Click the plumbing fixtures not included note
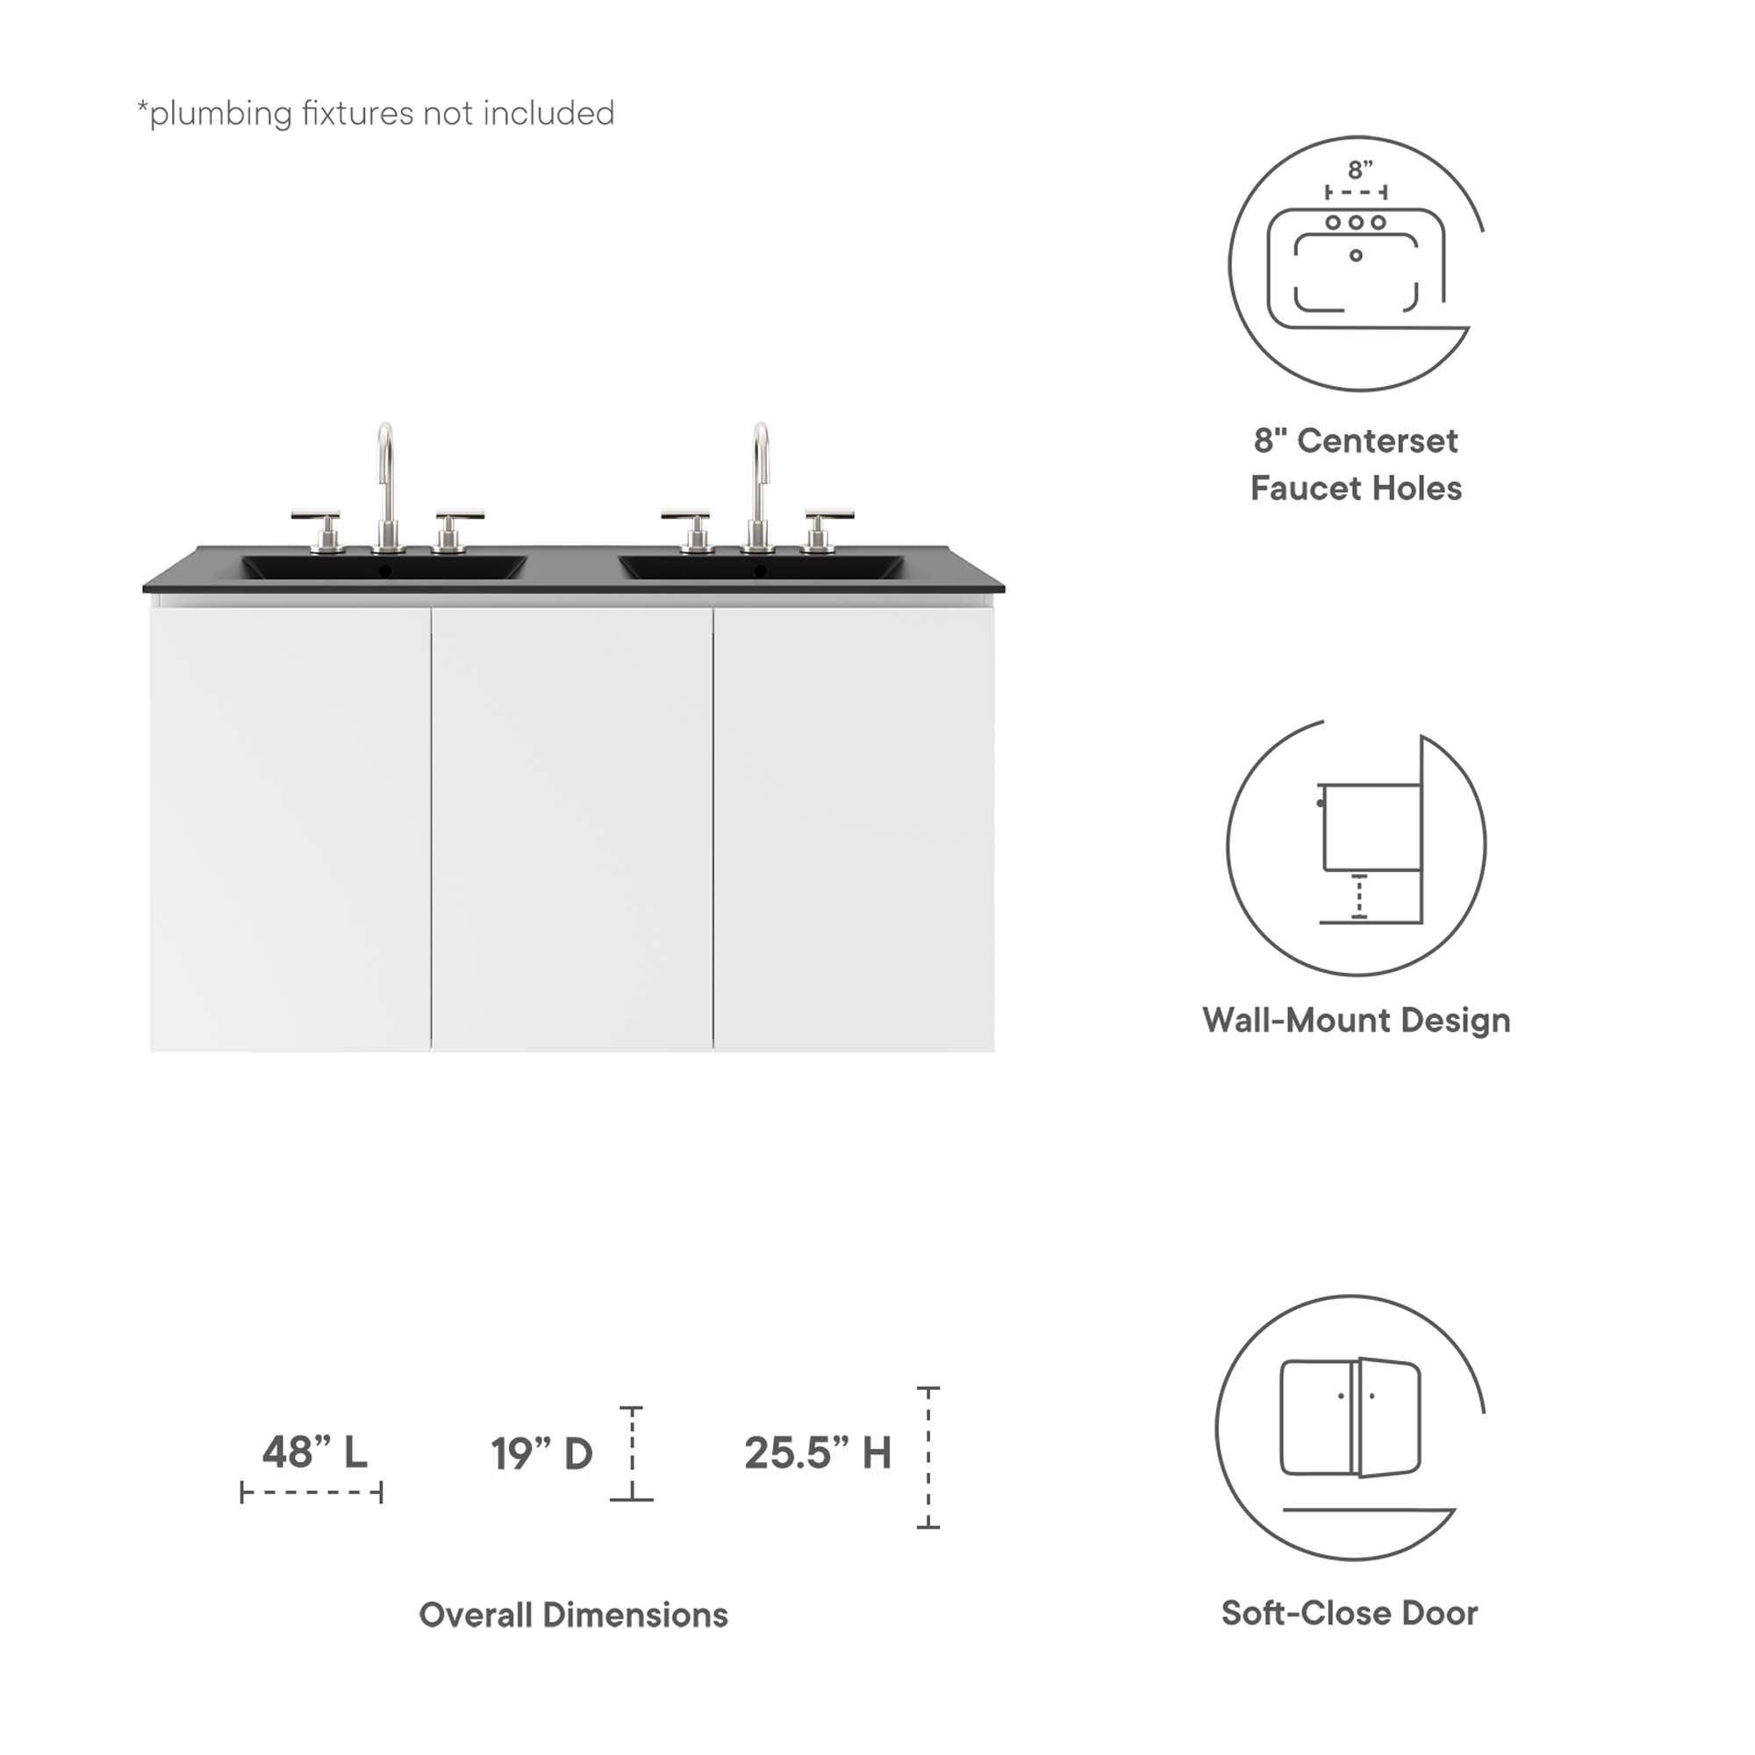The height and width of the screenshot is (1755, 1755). click(x=376, y=113)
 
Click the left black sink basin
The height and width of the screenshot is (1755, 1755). click(x=383, y=568)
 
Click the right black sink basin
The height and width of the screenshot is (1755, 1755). click(x=761, y=568)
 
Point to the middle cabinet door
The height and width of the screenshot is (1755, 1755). click(x=571, y=828)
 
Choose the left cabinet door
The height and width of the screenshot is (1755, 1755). click(x=290, y=828)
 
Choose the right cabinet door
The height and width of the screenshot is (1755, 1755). click(x=854, y=828)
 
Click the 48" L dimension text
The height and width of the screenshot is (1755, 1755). click(x=314, y=1451)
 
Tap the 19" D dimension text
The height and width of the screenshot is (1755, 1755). click(x=541, y=1453)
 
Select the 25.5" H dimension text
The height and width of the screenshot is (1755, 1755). click(x=818, y=1452)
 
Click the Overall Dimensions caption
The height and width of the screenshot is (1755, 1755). click(x=573, y=1615)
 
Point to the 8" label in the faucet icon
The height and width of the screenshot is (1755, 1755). click(x=1360, y=170)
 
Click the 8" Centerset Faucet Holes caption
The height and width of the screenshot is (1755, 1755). click(x=1357, y=464)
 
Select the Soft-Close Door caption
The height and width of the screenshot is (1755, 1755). click(x=1349, y=1612)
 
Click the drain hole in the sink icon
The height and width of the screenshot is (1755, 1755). click(x=1356, y=255)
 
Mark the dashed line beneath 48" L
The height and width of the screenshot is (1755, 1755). click(x=312, y=1493)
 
